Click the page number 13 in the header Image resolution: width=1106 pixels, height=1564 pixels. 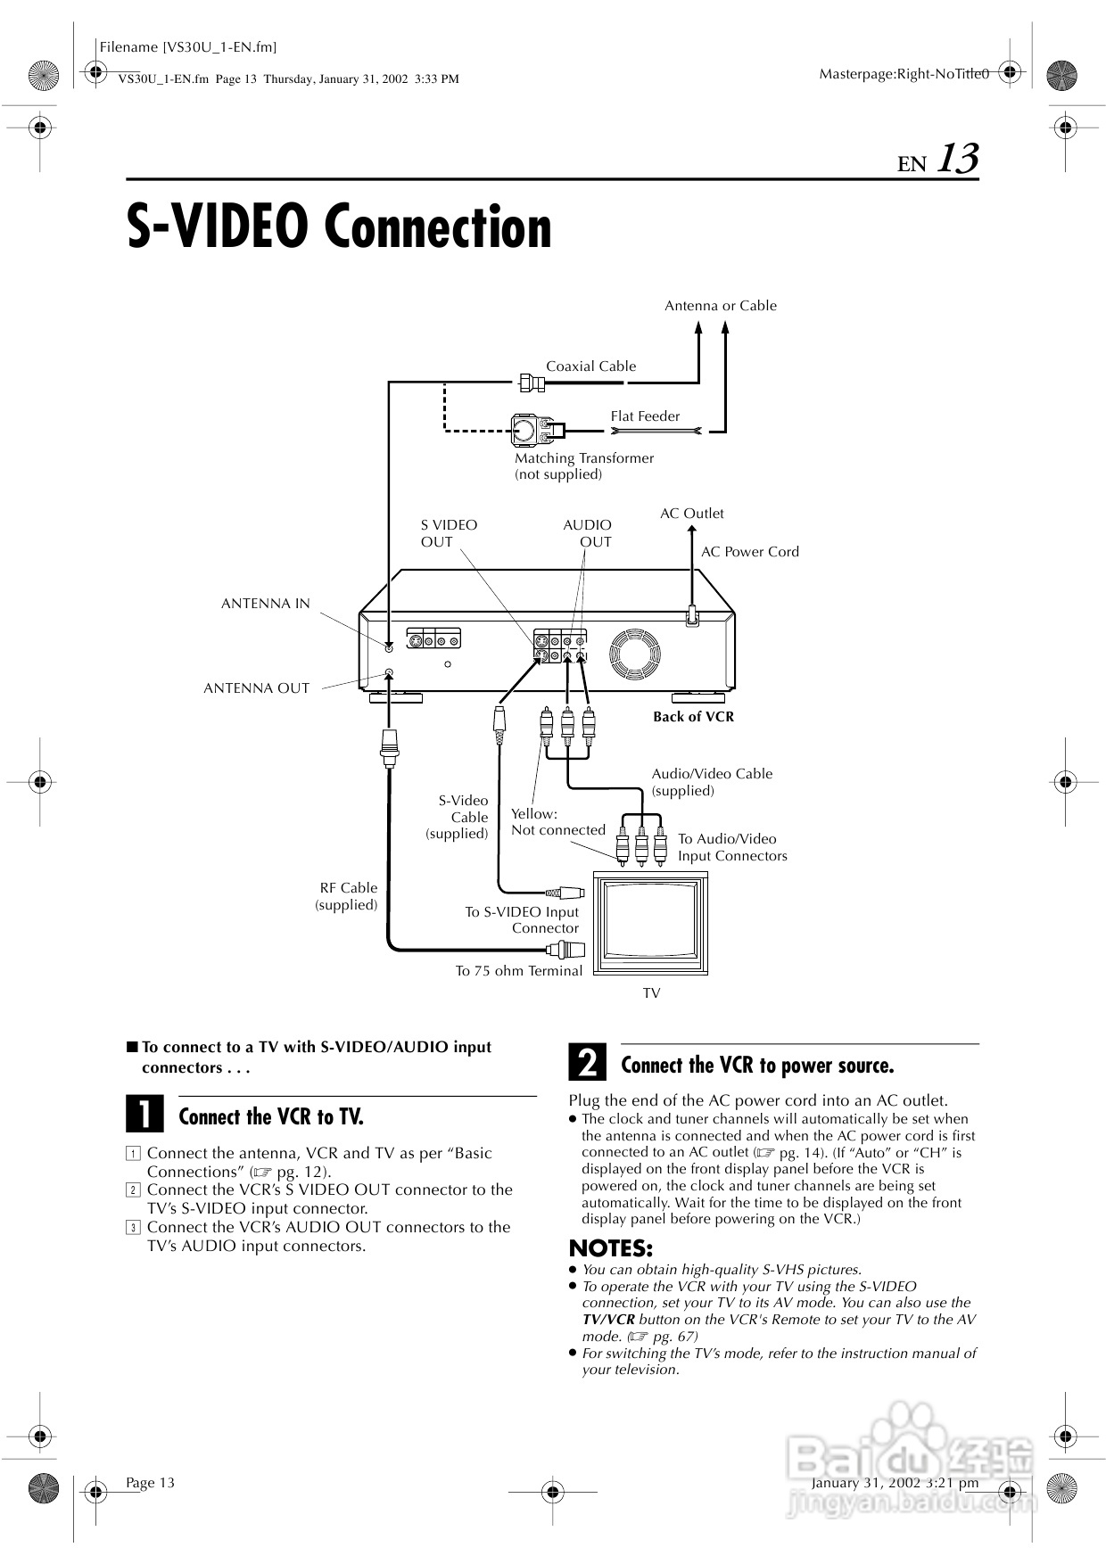pos(957,160)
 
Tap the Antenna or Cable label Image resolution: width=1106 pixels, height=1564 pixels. pos(720,306)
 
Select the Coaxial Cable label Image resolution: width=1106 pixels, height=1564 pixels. pos(590,366)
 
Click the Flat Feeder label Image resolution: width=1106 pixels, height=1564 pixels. pos(645,416)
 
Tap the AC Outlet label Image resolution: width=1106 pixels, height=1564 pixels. pos(691,514)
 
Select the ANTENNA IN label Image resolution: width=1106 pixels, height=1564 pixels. pos(265,604)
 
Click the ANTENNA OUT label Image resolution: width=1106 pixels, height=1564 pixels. pos(256,688)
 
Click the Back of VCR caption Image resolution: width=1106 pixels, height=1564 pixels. pos(693,717)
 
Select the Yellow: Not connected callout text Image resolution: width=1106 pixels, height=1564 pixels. pos(557,822)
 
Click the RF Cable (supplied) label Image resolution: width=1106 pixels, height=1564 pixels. pos(347,896)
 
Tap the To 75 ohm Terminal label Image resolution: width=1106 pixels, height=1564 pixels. pos(518,971)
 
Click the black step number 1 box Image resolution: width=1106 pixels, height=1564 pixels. pos(144,1115)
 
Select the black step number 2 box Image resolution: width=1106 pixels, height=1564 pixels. pos(587,1064)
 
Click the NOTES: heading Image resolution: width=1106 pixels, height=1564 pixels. pos(611,1248)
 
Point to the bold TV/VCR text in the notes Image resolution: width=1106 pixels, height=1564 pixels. pos(608,1320)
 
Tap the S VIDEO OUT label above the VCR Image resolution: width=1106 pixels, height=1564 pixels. pos(449,533)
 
